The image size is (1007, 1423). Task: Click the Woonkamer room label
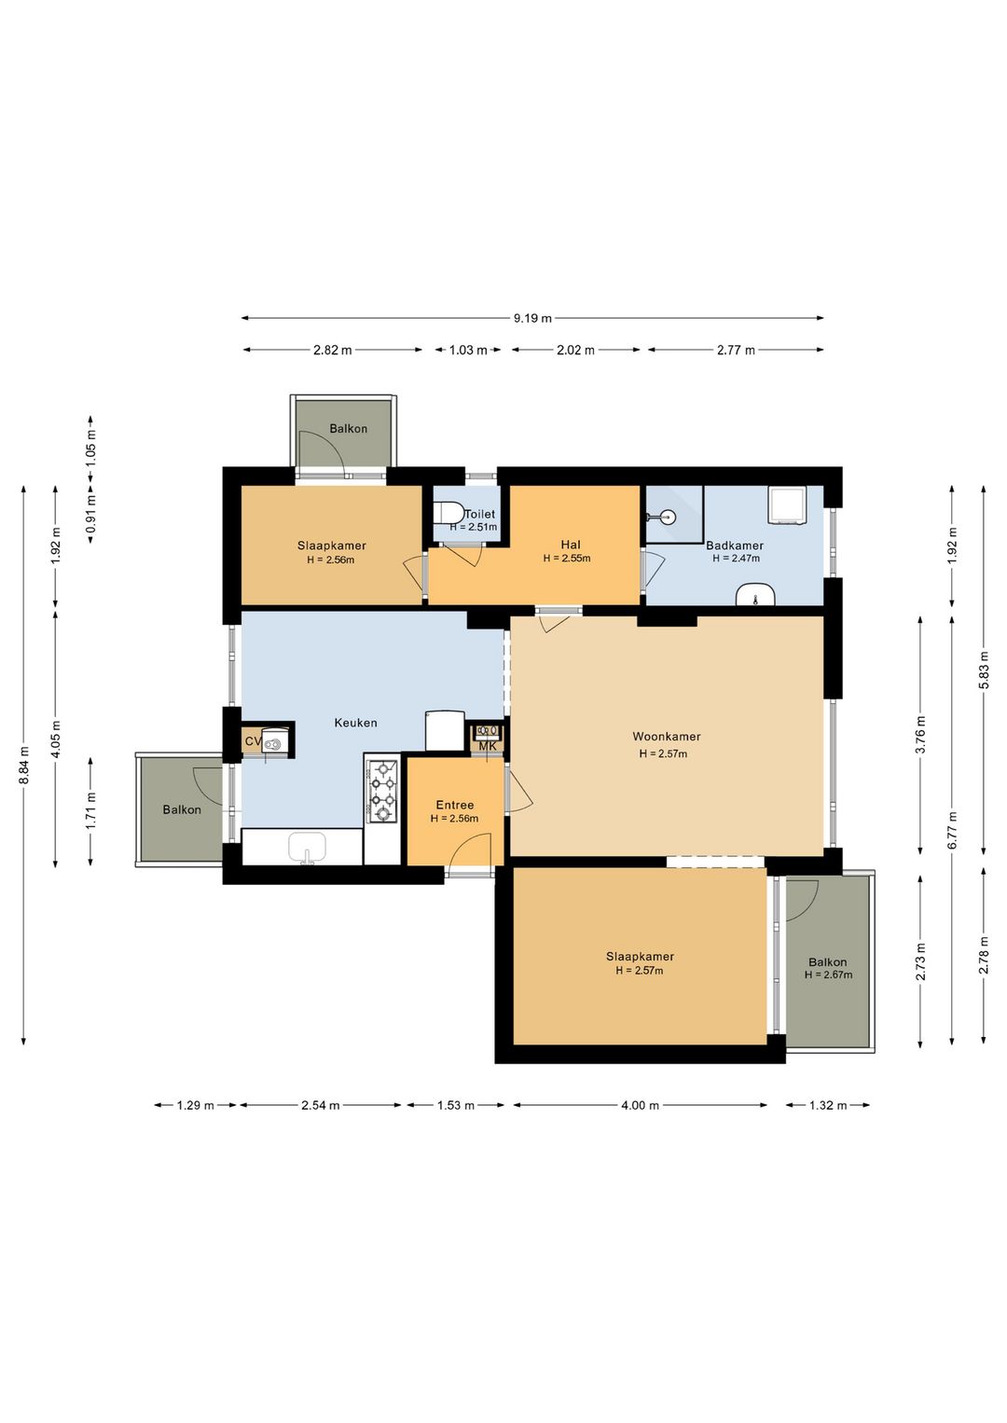point(666,737)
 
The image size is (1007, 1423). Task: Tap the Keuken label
point(355,723)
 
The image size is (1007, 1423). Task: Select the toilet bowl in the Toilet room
point(449,514)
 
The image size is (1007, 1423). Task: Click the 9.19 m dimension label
point(532,318)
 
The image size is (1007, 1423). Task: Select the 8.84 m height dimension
point(24,765)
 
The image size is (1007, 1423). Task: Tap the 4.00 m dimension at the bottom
point(640,1105)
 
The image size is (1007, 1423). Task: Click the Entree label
point(455,805)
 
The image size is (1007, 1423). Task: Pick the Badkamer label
point(735,546)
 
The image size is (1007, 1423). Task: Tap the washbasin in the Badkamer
point(755,595)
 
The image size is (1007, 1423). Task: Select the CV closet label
point(252,742)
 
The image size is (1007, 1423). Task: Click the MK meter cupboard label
point(488,746)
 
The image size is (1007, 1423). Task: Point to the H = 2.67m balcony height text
point(828,975)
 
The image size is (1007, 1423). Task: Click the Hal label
point(571,545)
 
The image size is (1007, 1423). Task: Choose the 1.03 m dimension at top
point(468,351)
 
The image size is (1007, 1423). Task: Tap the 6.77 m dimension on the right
point(952,830)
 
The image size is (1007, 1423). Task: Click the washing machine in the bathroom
point(786,504)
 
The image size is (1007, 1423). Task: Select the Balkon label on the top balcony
point(348,429)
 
